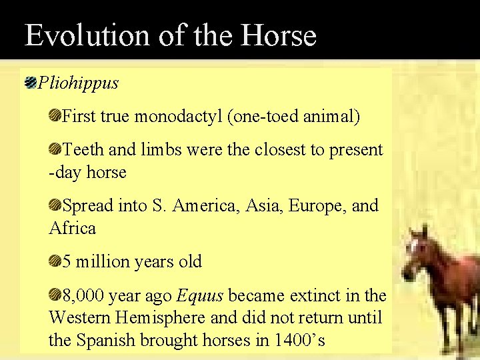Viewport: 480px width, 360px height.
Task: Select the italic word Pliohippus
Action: click(x=78, y=83)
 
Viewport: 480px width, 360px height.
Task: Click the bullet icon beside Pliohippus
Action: click(x=30, y=83)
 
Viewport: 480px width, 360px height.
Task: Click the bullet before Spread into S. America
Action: click(x=55, y=206)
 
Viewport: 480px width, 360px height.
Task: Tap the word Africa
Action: click(x=73, y=229)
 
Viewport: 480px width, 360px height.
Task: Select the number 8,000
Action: click(x=83, y=295)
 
